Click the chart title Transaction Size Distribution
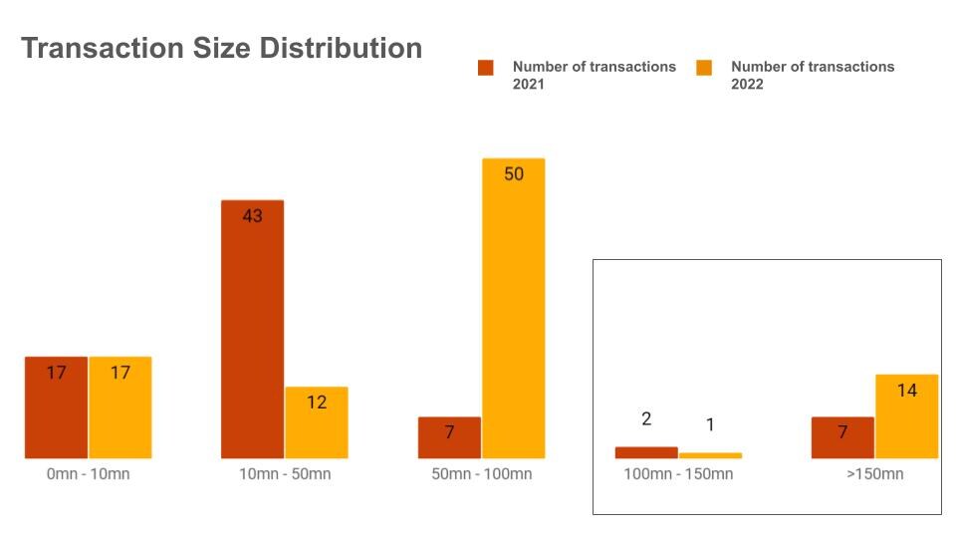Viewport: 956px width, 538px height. click(x=221, y=48)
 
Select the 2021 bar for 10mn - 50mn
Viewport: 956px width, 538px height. click(x=252, y=329)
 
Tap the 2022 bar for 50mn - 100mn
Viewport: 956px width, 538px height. click(x=514, y=309)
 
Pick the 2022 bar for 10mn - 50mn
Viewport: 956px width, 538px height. click(x=317, y=422)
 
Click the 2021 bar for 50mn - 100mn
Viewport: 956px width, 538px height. click(x=449, y=437)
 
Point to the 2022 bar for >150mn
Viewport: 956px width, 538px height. click(x=907, y=416)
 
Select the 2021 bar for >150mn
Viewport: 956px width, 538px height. click(x=842, y=437)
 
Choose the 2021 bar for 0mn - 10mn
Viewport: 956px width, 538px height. click(x=56, y=407)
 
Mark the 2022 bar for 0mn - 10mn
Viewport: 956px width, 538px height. click(x=120, y=407)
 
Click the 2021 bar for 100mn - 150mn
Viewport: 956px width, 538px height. click(x=646, y=452)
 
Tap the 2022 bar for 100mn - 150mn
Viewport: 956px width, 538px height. click(x=710, y=455)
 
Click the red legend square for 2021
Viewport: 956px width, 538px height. click(x=486, y=68)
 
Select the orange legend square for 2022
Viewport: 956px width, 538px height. click(x=704, y=68)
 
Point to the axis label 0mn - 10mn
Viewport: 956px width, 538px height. click(x=88, y=474)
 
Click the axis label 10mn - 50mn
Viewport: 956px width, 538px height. click(x=285, y=474)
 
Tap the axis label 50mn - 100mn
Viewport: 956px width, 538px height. click(x=482, y=474)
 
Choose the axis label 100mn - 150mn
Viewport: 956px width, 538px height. click(x=679, y=474)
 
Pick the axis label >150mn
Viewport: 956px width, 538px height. click(x=875, y=474)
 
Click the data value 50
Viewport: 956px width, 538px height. click(x=514, y=174)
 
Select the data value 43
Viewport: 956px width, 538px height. click(x=252, y=215)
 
